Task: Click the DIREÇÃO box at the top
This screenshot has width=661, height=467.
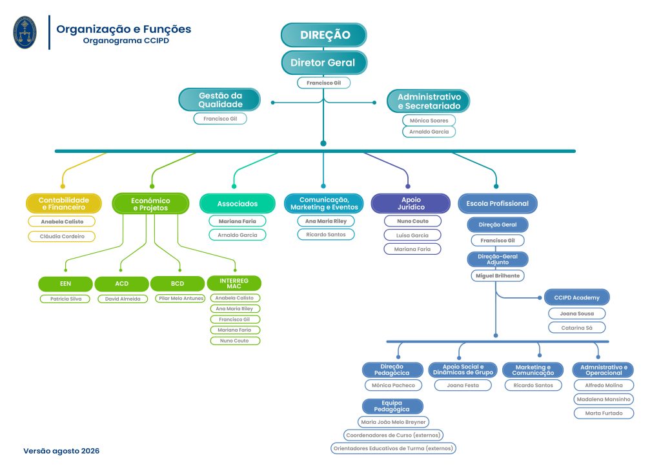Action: [324, 35]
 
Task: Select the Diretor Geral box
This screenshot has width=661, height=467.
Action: [324, 63]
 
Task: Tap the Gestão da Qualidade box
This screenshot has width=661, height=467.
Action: [219, 100]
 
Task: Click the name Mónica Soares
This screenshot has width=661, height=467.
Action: [429, 121]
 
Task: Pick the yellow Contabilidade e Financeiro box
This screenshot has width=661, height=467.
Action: [64, 204]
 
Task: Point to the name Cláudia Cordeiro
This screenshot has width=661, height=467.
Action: [62, 236]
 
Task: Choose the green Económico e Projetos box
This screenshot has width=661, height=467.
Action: [150, 204]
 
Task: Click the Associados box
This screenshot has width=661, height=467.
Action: [238, 204]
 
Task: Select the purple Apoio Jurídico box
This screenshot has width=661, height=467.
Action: [411, 203]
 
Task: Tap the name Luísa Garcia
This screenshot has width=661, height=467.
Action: [412, 235]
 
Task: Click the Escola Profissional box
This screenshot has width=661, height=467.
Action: [498, 203]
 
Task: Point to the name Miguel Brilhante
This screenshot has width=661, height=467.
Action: [498, 276]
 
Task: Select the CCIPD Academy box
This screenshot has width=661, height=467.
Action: [576, 298]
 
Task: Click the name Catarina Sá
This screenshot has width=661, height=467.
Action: [576, 328]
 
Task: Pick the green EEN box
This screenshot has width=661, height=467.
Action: [65, 284]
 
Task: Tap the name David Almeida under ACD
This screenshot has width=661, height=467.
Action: [123, 299]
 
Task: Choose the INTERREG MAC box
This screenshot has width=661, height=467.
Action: [234, 283]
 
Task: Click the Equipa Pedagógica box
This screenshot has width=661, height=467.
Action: [392, 406]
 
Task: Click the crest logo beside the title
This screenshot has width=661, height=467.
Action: [25, 32]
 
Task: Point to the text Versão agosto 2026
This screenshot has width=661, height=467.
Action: [61, 451]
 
